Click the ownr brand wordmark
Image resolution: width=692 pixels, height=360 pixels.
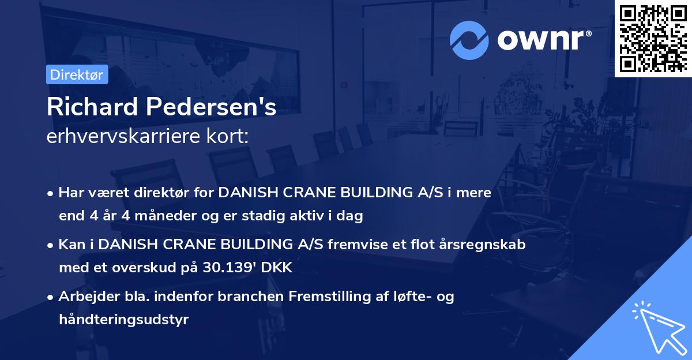coord(544,40)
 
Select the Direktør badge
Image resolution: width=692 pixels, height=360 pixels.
coord(77,74)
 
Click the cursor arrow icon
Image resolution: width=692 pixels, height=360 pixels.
coord(657,327)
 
